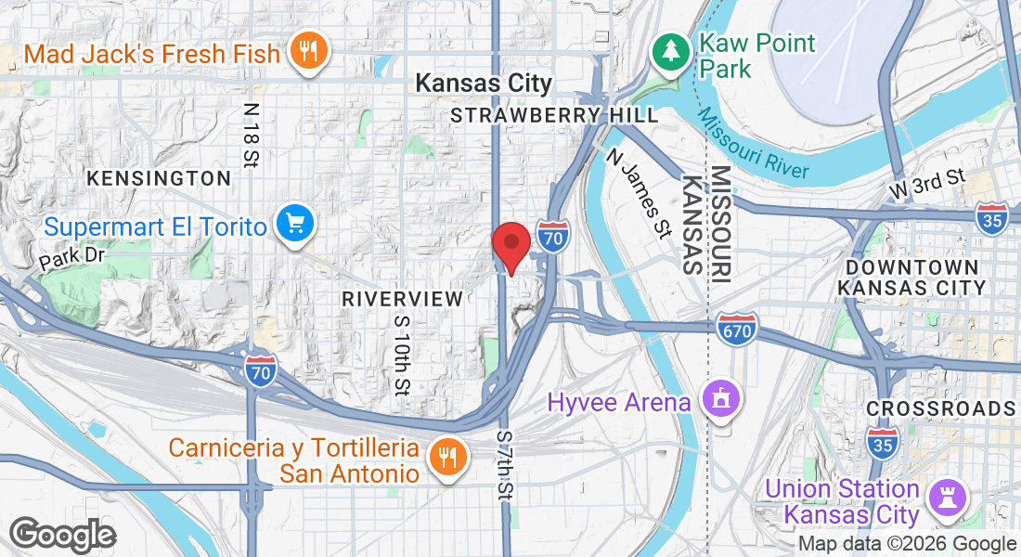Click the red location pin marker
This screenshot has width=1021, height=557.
[510, 243]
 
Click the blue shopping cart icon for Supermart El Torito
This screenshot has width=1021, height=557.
[296, 224]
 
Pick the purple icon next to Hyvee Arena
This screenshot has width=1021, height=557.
[720, 400]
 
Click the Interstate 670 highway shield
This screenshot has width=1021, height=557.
[737, 328]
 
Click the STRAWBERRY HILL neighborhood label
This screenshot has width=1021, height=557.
[554, 115]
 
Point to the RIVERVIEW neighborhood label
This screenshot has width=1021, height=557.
[402, 298]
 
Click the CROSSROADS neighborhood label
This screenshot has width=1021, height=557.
[940, 408]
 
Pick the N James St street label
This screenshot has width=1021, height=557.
[639, 194]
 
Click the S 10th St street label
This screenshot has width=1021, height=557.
[401, 354]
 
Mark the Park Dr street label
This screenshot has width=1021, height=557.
[72, 258]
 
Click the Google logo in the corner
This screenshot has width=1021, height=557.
[62, 536]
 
